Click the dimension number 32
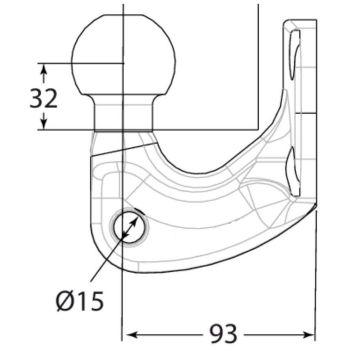tap(44, 99)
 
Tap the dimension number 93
tap(223, 334)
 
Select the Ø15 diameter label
tap(80, 302)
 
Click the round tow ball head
tap(124, 55)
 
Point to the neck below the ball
tap(124, 112)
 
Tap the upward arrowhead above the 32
tap(44, 71)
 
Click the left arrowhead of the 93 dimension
tap(132, 334)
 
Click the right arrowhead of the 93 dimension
tap(307, 334)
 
